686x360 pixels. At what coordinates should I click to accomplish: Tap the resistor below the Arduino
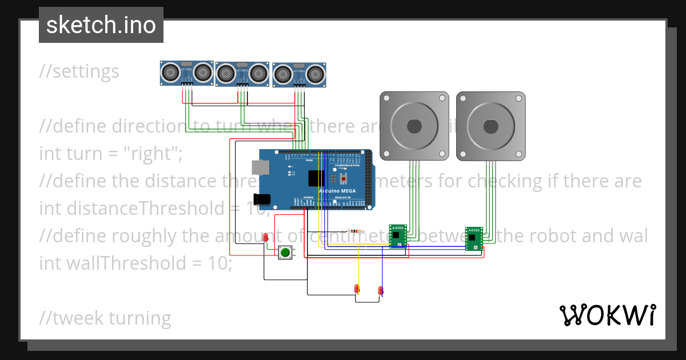tap(357, 231)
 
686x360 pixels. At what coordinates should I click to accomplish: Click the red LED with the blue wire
tap(381, 290)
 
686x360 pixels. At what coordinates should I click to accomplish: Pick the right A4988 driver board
tap(473, 238)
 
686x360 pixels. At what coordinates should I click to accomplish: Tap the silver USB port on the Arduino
tap(261, 167)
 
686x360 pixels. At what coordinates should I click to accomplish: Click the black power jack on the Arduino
tap(262, 199)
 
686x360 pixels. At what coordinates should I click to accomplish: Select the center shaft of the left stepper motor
tap(414, 125)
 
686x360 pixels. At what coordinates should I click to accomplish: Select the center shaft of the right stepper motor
tap(490, 125)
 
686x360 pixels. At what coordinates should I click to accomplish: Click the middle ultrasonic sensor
tap(242, 73)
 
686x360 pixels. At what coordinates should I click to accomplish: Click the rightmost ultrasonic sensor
tap(300, 74)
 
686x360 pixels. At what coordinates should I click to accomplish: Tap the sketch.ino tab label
tap(101, 25)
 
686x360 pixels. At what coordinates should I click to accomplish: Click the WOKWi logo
tap(607, 315)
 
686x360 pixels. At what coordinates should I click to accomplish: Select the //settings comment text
tap(79, 71)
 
